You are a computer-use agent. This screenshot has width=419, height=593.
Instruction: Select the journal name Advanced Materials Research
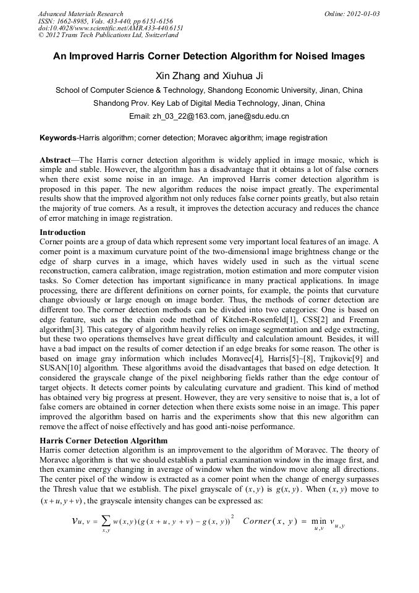tap(81, 14)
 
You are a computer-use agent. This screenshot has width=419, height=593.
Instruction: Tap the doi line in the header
tap(111, 28)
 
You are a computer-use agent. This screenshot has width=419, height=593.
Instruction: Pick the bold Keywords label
tap(57, 138)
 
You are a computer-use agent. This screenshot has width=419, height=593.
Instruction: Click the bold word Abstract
tap(55, 160)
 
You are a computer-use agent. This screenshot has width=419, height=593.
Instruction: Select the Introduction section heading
tap(62, 233)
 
